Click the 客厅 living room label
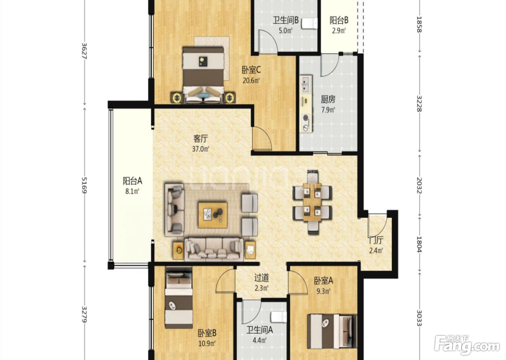tap(201, 139)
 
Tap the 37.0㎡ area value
tap(201, 149)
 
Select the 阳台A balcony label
tap(132, 181)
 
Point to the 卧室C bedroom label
tap(251, 70)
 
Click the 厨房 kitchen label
tap(328, 99)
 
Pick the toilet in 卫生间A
tap(279, 317)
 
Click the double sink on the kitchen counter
tap(306, 84)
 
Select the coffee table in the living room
tap(213, 215)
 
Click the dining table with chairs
tap(312, 202)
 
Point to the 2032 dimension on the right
tap(419, 185)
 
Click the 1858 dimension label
tap(419, 24)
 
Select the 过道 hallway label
tap(262, 278)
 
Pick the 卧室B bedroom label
tap(207, 333)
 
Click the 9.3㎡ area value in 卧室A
tap(323, 291)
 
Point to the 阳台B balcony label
tap(339, 20)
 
